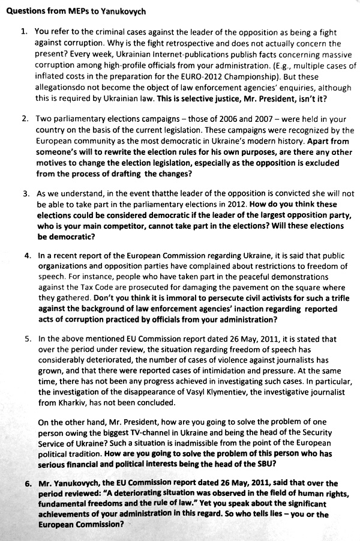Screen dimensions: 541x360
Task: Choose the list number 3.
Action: click(x=25, y=195)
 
